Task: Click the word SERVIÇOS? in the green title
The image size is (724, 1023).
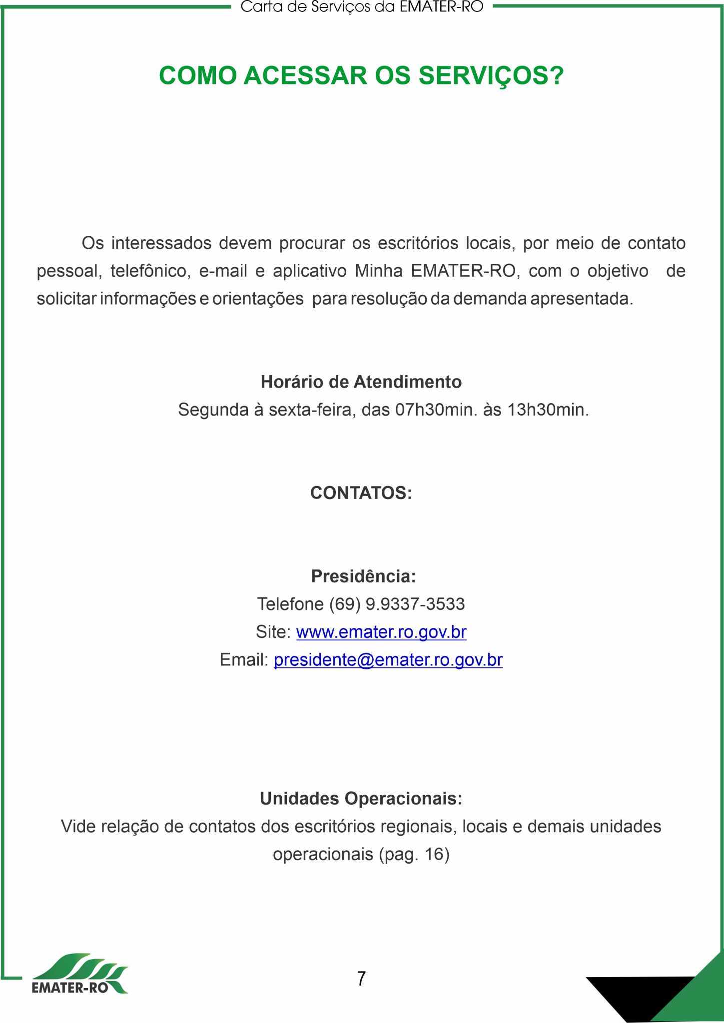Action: pos(491,76)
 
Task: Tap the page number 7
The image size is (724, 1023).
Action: pos(361,978)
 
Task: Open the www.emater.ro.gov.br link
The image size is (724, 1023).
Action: pos(381,632)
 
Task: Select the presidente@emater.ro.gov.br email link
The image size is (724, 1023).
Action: pos(388,660)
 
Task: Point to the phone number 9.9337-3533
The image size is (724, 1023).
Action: pos(415,604)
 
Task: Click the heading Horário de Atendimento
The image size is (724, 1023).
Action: pos(361,382)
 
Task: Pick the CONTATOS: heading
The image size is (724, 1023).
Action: pos(361,493)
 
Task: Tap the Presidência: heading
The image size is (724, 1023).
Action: pos(363,576)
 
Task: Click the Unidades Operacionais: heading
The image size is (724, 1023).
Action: pos(361,798)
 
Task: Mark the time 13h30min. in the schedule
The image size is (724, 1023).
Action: pos(548,410)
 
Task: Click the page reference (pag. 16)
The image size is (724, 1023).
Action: pos(414,854)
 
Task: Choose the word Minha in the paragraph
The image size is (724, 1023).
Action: pos(379,271)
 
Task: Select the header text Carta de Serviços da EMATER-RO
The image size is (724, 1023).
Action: pos(362,7)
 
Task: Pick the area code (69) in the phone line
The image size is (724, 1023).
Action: pos(344,604)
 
